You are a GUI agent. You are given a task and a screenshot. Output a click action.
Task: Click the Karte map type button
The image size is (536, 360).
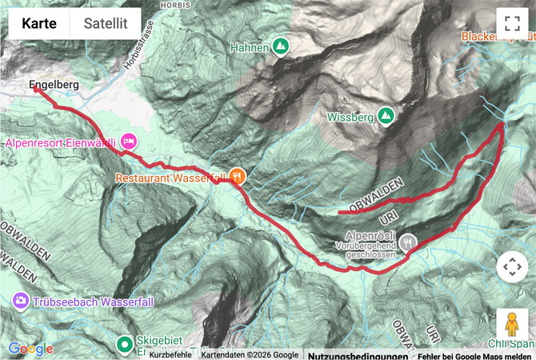(39, 24)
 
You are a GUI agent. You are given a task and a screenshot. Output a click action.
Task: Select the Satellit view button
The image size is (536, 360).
(106, 24)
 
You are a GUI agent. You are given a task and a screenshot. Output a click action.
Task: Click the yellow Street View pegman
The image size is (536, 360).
(511, 324)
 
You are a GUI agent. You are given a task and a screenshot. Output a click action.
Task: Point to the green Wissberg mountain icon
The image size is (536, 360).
(386, 117)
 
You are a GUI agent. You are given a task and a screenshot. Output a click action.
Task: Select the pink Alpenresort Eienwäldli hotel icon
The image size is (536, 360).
(129, 142)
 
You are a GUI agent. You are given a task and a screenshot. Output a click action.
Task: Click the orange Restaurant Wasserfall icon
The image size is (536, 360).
(237, 177)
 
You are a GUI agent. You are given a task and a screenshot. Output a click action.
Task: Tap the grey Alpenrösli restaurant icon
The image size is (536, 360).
(408, 240)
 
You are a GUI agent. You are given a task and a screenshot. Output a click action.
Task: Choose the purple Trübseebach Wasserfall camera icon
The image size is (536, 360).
(20, 301)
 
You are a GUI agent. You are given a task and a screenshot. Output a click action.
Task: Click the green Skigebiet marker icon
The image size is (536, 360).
(124, 345)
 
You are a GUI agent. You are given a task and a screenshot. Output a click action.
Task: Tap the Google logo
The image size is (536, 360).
(30, 349)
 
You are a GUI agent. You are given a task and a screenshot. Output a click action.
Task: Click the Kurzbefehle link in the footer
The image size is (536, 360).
(170, 354)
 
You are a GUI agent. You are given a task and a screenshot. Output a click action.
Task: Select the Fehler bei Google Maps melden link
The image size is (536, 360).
(474, 354)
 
